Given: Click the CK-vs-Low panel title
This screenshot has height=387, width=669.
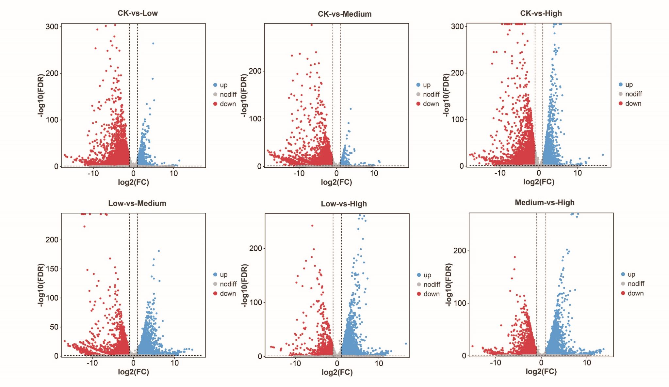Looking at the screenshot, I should coord(138,13).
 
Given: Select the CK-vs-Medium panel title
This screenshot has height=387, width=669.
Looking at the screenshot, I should coord(345,14).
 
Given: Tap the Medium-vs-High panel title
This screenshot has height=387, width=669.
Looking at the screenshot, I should coord(545,203).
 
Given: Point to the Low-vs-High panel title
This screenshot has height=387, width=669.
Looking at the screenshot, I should coord(344,204).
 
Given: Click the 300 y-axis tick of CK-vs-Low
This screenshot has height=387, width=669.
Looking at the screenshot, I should coord(52,27).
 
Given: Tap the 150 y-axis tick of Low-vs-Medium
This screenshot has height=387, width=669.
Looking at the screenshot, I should coord(52,269).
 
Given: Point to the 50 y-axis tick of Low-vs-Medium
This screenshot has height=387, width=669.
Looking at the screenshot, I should coord(54,327).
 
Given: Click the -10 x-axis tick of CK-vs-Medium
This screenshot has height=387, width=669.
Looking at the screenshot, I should coord(299,174).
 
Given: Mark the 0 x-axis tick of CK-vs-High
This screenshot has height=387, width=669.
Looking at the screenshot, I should coord(539,173).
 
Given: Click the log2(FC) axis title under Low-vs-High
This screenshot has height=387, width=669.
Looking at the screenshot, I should coord(337,372).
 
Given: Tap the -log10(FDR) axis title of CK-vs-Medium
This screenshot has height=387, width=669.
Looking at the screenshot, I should coord(244,95).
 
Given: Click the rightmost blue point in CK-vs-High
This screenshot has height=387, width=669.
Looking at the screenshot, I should coord(603,155).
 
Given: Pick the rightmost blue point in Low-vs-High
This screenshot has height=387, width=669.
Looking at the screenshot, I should coord(406,344).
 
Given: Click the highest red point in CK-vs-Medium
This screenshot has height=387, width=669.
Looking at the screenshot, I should coord(312,25).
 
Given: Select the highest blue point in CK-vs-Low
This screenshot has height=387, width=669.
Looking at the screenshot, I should coord(153,43).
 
